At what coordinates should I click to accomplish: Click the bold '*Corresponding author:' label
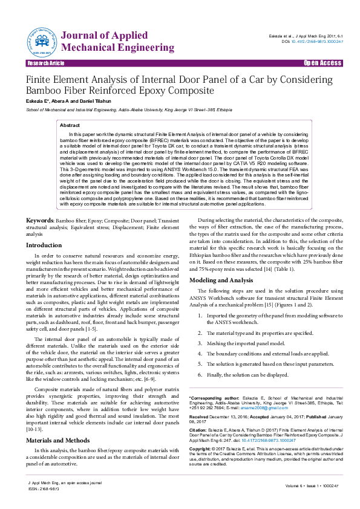211,397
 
